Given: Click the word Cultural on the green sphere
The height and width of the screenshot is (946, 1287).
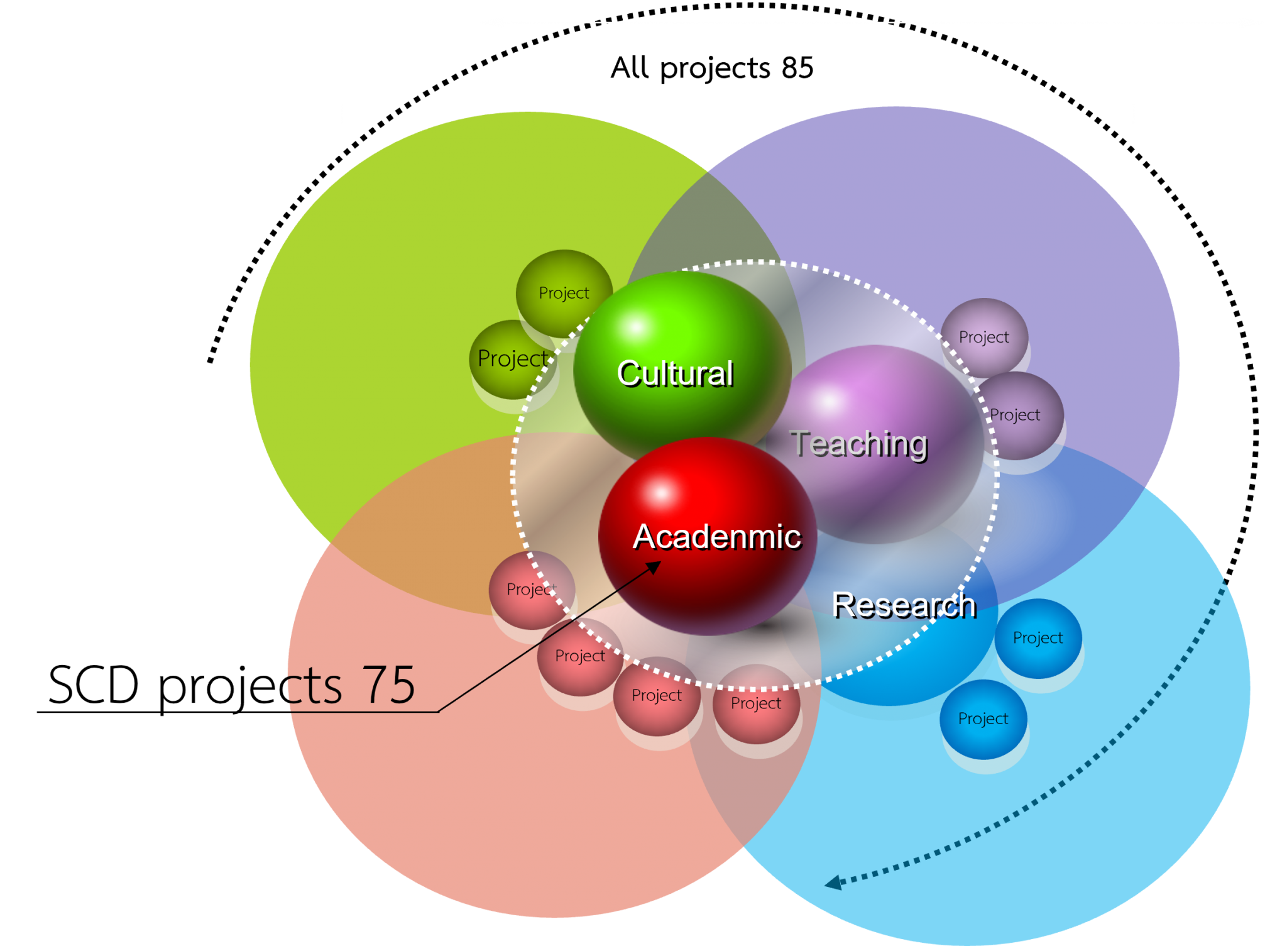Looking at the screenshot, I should (675, 373).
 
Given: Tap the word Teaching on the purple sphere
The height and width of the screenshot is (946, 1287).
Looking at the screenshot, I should (858, 444).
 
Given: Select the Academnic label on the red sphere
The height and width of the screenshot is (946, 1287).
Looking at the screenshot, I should (717, 537).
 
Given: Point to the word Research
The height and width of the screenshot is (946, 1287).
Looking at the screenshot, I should (904, 605).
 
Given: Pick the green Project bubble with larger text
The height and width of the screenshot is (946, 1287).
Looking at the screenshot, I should (513, 359).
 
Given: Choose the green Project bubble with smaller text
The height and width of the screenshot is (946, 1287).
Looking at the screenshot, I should (564, 293).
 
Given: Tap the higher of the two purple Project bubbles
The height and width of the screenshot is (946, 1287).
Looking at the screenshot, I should (983, 338).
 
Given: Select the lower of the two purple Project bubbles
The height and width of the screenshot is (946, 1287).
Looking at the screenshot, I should (1016, 415).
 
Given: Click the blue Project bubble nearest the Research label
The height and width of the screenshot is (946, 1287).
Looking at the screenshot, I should (1038, 638).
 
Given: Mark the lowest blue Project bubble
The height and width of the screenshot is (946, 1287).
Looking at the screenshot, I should (983, 718).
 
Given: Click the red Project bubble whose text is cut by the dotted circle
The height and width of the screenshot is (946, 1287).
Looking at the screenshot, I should (531, 590).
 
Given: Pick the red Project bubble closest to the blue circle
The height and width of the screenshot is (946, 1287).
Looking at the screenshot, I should (755, 703).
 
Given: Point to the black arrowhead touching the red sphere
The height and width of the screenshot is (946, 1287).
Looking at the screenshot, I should (654, 567).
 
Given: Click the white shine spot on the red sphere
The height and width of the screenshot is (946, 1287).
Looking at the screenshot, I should (660, 493).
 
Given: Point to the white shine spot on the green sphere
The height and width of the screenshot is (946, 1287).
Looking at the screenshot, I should (636, 327).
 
